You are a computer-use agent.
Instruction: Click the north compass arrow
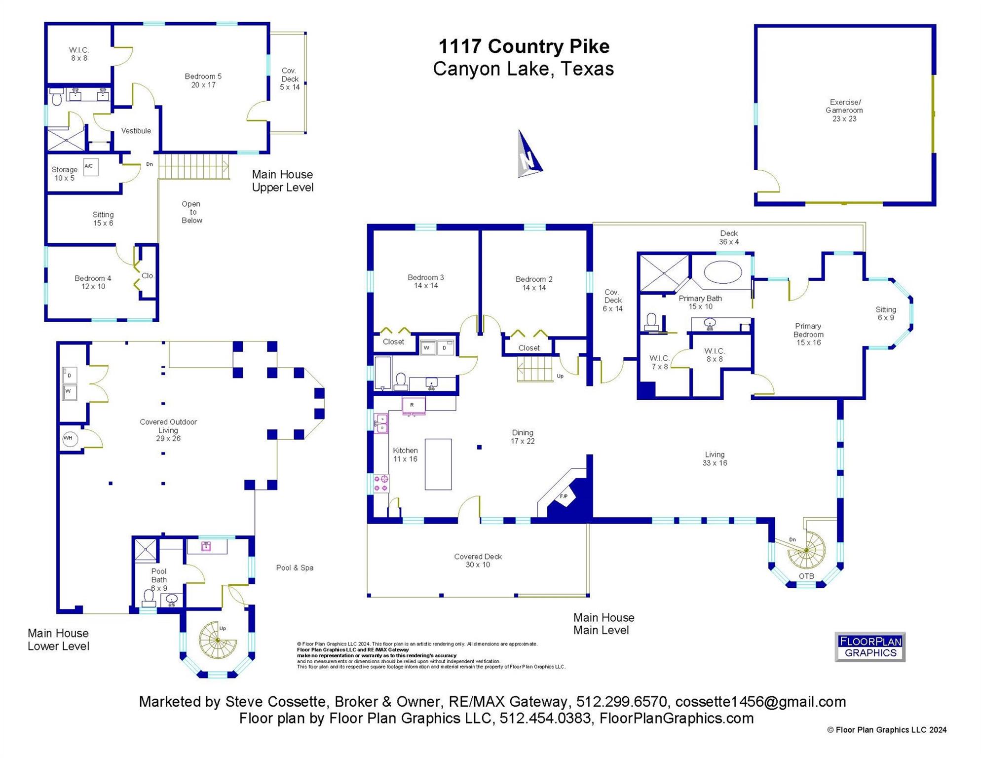528,155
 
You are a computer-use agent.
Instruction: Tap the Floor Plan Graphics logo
869,646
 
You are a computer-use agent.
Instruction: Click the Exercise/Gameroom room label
844,111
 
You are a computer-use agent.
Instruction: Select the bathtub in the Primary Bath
722,272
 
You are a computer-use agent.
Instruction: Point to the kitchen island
438,464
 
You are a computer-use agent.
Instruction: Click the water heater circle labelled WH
69,438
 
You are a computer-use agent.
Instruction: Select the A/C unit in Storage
90,167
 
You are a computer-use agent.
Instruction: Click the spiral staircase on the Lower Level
217,641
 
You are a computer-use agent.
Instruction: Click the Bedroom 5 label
203,80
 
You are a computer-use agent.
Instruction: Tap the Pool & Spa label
295,568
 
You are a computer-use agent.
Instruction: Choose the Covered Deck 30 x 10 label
478,561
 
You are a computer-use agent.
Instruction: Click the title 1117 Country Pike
524,46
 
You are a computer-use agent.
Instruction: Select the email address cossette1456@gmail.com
760,701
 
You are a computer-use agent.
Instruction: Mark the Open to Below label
191,212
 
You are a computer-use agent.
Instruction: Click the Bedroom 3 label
425,281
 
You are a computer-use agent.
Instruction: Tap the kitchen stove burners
381,483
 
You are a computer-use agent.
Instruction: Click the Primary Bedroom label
808,334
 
